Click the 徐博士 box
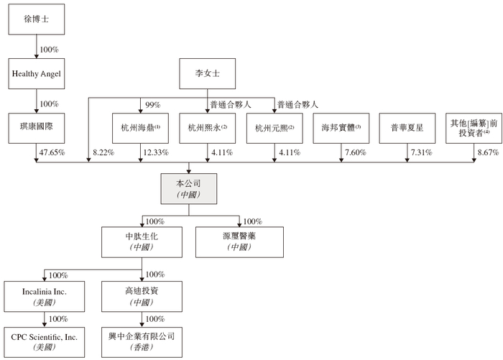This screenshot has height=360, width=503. pos(37,19)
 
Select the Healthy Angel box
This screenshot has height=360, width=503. pos(37,73)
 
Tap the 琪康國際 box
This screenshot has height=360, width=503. pos(37,128)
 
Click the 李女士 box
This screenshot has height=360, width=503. pos(207,73)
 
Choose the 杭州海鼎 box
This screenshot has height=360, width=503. pos(141,128)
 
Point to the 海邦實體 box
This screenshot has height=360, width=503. pos(341,128)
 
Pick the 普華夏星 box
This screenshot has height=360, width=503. pos(407,128)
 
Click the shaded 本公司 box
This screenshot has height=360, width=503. pos(188,189)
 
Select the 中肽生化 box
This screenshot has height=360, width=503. pos(142,242)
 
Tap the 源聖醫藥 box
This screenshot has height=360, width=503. pos(239,242)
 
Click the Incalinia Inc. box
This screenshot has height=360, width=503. pos(45,297)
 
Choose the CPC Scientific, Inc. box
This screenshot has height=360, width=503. pos(45,342)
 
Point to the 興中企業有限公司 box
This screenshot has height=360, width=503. pos(142,342)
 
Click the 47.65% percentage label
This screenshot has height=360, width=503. pos(52,152)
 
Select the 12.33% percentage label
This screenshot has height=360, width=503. pos(156,152)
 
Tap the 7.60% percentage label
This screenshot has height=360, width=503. pos(356,152)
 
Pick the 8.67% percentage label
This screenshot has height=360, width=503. pos(488,152)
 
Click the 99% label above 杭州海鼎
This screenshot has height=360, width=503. pos(152,105)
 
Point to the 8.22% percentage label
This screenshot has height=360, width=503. pos(103,152)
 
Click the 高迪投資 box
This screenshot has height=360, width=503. pos(142,297)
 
